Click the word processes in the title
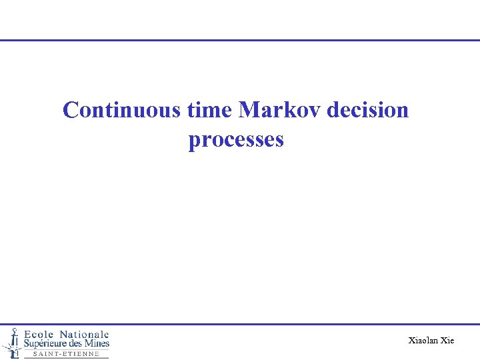pyautogui.click(x=236, y=140)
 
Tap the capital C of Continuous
pyautogui.click(x=70, y=110)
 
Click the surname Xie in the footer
pyautogui.click(x=447, y=341)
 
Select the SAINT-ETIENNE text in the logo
pyautogui.click(x=66, y=354)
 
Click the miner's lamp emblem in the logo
pyautogui.click(x=11, y=341)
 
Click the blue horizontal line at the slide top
pyautogui.click(x=240, y=40)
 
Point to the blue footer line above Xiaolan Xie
pyautogui.click(x=293, y=324)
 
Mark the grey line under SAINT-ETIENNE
pyautogui.click(x=66, y=358)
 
